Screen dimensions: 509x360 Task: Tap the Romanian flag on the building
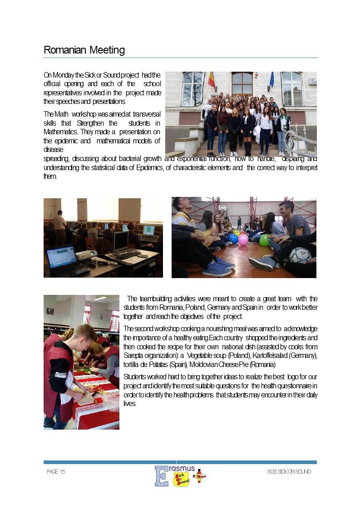211,80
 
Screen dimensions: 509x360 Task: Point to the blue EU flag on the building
271,79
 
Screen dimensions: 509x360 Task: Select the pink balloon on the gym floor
243,240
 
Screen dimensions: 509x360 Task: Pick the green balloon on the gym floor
264,240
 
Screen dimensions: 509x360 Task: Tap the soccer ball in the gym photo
300,255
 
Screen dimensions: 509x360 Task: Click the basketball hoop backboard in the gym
222,208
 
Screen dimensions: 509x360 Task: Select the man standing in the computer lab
59,227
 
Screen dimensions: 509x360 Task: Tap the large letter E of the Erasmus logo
161,476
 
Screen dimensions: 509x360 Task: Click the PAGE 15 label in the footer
56,472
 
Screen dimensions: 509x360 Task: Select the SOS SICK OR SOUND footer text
289,472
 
